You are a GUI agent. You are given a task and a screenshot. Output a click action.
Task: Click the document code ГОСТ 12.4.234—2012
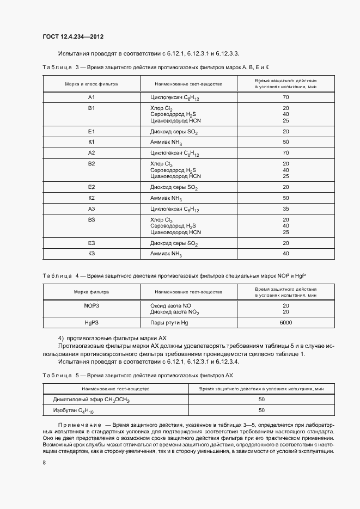pos(72,37)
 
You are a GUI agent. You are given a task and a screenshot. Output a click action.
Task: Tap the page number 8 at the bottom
pos(44,462)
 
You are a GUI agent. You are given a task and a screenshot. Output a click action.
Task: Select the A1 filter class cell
pos(91,97)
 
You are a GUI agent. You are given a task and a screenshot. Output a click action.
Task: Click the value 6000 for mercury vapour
pos(285,323)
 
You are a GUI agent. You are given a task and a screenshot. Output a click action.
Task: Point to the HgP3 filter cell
pos(91,323)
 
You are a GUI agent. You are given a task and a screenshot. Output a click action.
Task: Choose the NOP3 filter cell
pos(91,306)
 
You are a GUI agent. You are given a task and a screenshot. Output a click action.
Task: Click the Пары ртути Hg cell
pos(169,323)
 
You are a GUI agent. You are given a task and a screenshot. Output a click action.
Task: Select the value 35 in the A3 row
pos(285,209)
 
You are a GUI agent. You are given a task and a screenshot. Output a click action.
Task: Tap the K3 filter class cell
pos(91,254)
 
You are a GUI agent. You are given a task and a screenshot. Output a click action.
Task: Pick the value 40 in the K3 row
pos(285,254)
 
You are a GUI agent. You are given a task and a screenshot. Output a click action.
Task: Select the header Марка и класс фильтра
pos(91,84)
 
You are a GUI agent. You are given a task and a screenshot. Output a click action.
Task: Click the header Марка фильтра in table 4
pos(91,292)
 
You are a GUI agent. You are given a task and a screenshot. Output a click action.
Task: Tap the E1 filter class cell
pos(91,132)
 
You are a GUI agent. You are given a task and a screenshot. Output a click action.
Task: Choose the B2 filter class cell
pos(91,163)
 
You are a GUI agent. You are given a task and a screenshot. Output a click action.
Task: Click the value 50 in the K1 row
pos(285,142)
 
